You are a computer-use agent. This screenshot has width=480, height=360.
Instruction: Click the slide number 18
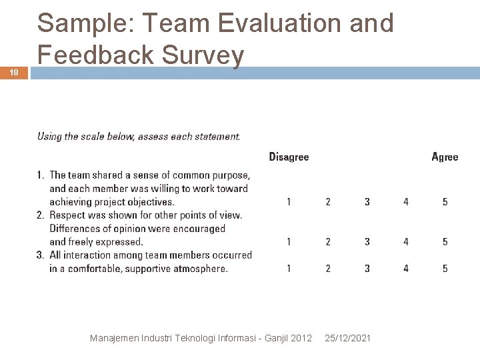(15, 73)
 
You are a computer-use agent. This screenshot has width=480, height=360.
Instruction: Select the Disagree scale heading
(289, 157)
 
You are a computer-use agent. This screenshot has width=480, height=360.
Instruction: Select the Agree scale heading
(445, 157)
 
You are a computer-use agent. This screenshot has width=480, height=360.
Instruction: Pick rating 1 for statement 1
(289, 201)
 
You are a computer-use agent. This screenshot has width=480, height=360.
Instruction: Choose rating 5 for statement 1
(445, 201)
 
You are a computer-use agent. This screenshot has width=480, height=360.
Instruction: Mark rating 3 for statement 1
(367, 201)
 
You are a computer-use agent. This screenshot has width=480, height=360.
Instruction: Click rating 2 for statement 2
(328, 241)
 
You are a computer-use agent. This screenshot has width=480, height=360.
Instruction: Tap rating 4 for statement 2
(406, 241)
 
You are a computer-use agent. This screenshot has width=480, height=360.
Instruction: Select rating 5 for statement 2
(445, 241)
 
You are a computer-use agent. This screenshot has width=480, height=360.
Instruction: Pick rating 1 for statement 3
(289, 268)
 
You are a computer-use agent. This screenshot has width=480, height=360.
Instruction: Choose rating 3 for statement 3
(367, 268)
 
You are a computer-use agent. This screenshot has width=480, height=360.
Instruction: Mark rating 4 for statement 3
(406, 268)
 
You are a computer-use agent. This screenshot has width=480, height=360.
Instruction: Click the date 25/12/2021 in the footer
(348, 339)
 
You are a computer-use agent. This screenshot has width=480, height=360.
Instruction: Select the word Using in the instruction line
(49, 137)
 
